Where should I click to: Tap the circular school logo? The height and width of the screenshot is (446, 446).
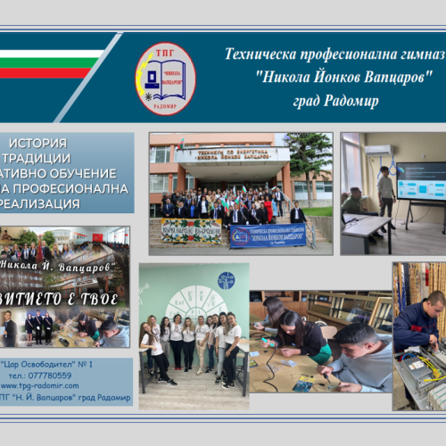[x=165, y=78]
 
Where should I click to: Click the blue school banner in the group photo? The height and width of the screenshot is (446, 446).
[x=268, y=235]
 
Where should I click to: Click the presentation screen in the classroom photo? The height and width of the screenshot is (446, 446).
[x=420, y=181]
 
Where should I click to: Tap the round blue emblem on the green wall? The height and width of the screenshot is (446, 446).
[x=226, y=279]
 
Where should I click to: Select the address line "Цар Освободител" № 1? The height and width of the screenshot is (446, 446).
[x=59, y=364]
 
